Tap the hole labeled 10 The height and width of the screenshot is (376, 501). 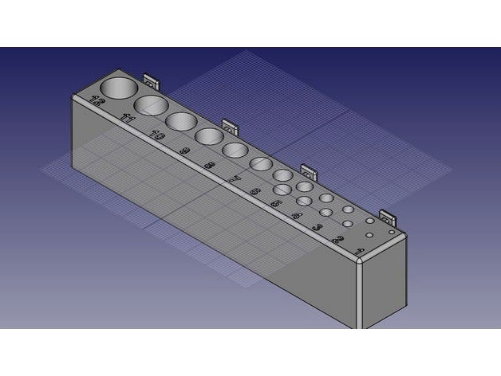pos(181,121)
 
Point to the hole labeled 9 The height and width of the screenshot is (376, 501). pos(209,136)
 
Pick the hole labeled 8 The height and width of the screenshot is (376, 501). pos(235,150)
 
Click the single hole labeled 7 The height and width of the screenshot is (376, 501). pos(260,163)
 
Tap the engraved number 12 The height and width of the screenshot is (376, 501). pos(97,101)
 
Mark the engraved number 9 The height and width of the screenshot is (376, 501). pos(184,151)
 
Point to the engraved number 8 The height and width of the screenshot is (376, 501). pos(210,165)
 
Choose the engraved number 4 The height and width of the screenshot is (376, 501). pos(296,215)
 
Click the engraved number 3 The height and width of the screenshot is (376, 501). pos(318,228)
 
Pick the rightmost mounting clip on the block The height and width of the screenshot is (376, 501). pos(387,216)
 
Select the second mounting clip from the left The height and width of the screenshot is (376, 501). pos(230,126)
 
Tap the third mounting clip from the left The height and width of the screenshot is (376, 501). pos(309,171)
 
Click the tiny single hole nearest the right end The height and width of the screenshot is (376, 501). pos(391,232)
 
